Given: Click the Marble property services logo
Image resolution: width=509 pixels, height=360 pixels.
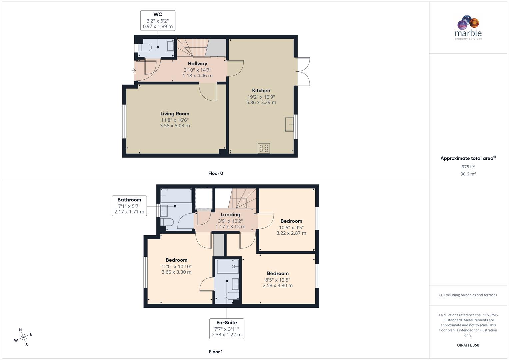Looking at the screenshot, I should [x=468, y=27].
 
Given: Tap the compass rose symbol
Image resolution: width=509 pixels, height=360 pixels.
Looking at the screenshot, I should [x=23, y=337].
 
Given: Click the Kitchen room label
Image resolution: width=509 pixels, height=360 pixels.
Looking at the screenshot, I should [x=261, y=91].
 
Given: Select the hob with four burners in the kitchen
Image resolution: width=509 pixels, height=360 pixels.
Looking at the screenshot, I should [x=264, y=148].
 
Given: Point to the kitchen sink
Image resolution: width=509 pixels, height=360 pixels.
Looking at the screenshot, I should [x=289, y=124].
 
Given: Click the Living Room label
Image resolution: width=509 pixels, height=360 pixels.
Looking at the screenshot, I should [x=175, y=114].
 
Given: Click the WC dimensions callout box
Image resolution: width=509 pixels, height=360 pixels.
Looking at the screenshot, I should [x=158, y=20].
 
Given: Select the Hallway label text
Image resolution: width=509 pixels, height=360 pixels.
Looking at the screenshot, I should [x=197, y=64].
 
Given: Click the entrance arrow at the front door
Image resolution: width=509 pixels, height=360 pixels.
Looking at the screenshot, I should [x=134, y=71].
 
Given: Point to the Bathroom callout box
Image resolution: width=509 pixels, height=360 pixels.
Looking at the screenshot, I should [x=129, y=206].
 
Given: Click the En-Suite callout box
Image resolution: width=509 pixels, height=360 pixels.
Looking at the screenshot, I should [x=227, y=329].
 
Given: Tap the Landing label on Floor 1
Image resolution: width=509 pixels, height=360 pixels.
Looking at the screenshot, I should [x=230, y=215].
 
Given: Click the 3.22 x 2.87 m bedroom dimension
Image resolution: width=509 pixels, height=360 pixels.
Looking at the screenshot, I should [x=291, y=233].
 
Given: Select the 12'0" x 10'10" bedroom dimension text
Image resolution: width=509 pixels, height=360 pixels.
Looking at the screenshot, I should [x=176, y=267].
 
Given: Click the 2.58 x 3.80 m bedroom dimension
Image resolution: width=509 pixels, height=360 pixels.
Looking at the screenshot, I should [x=277, y=286].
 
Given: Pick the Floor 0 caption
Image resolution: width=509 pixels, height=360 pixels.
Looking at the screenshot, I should [x=216, y=173].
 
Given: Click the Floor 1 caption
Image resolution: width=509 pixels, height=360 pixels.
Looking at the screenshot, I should [x=216, y=352].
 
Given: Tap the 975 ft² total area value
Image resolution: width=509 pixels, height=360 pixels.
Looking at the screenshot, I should [x=468, y=167].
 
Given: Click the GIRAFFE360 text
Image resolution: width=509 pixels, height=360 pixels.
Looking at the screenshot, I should [x=468, y=345].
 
